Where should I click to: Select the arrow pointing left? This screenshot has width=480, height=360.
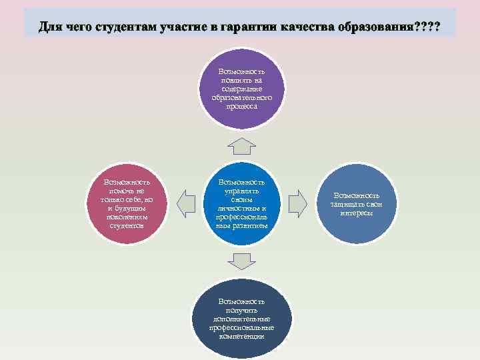pyautogui.click(x=187, y=199)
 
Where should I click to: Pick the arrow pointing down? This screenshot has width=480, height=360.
pyautogui.click(x=241, y=259)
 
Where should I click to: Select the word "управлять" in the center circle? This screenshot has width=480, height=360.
pyautogui.click(x=241, y=191)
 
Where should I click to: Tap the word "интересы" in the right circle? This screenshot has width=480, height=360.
pyautogui.click(x=357, y=213)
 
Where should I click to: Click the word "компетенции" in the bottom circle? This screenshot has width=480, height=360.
pyautogui.click(x=241, y=337)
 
